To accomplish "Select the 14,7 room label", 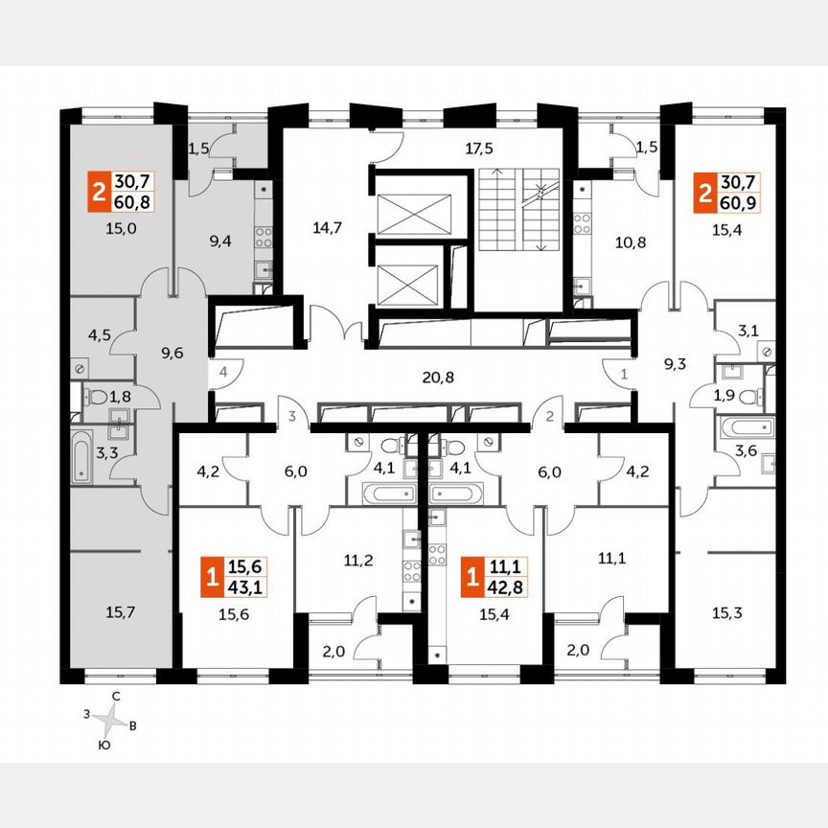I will pos(327,227).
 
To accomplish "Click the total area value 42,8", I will pos(505,585).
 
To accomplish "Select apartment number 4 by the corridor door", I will pos(221,371).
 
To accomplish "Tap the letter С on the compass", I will pos(115,697).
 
